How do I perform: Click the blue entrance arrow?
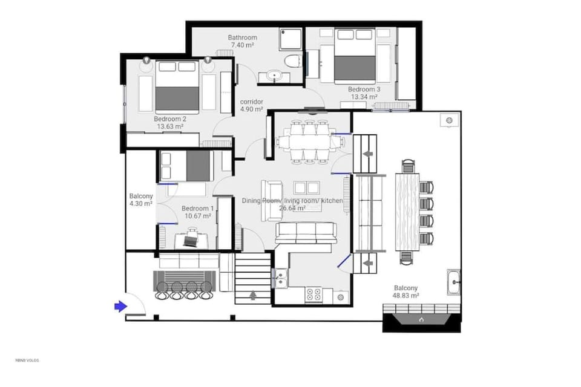click(x=120, y=307)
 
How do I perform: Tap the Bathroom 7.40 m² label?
click(x=242, y=42)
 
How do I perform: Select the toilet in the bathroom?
click(x=293, y=62)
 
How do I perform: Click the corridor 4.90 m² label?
click(x=251, y=105)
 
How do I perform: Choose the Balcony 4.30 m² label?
click(x=141, y=200)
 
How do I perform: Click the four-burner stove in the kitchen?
click(x=313, y=294)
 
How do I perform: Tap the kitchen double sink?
click(x=280, y=279)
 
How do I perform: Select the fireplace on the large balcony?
click(x=421, y=317)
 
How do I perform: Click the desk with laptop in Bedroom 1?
click(x=191, y=239)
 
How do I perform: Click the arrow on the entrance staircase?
click(x=252, y=296)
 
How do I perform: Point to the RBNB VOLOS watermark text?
click(x=27, y=360)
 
